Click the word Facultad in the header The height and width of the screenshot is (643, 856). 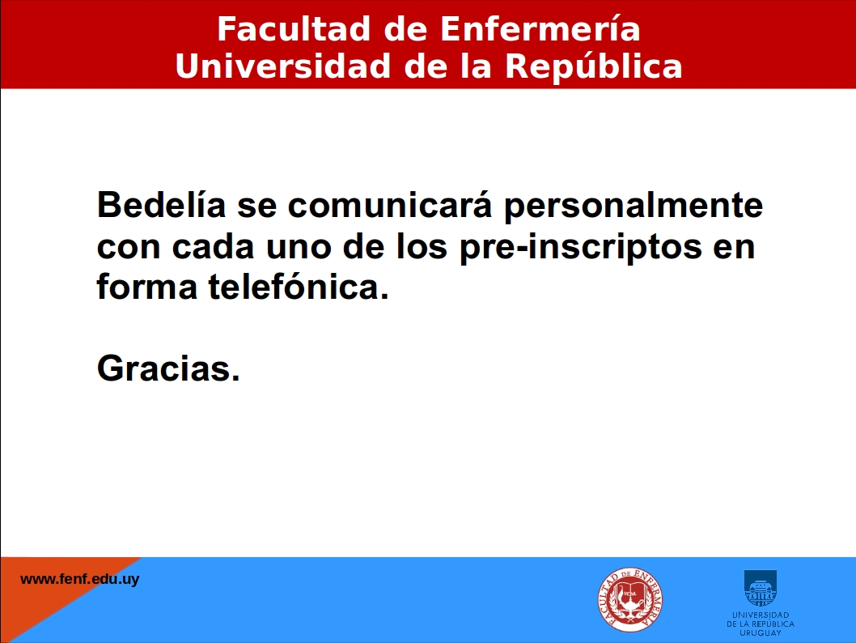295,29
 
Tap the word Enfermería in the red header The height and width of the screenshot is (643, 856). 540,28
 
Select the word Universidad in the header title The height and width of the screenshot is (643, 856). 283,66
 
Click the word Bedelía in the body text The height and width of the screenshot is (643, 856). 161,204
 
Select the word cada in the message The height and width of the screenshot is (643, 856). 213,246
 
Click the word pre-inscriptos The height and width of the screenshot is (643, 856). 581,247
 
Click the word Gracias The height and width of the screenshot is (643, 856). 168,368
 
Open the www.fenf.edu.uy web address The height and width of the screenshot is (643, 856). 80,579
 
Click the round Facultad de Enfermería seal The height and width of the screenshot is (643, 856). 630,599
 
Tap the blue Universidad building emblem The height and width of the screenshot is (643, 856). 761,588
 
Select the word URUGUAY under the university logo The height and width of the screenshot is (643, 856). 761,632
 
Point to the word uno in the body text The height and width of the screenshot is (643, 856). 299,247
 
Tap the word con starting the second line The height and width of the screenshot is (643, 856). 129,247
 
